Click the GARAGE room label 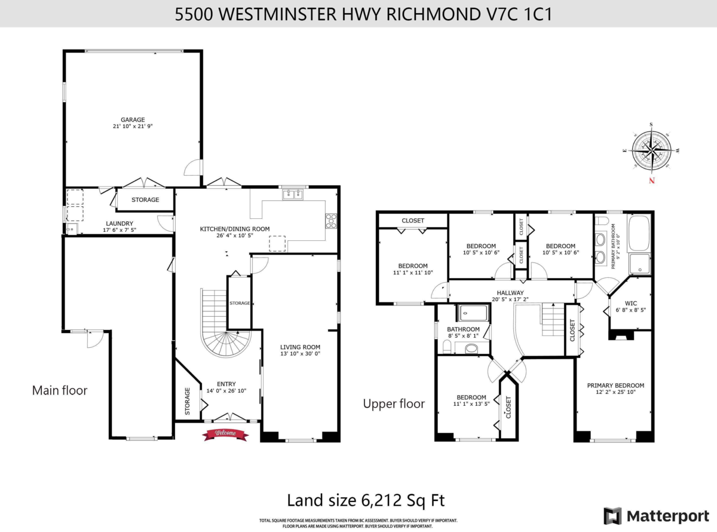(x=133, y=120)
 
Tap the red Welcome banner (x=225, y=435)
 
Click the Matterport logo (x=656, y=516)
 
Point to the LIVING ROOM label (x=300, y=347)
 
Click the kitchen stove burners (x=331, y=221)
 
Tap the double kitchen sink (x=293, y=195)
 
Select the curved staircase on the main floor (x=223, y=323)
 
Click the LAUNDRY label (x=119, y=224)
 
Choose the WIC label (x=631, y=303)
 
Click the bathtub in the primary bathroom (x=639, y=233)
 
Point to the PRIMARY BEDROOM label (x=615, y=386)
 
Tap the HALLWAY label (x=510, y=293)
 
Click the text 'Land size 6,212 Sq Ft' (x=366, y=500)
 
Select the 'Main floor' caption (x=60, y=390)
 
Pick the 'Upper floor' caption (x=394, y=403)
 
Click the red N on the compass (x=652, y=181)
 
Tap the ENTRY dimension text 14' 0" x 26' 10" (x=226, y=391)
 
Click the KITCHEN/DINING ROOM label (x=235, y=229)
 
